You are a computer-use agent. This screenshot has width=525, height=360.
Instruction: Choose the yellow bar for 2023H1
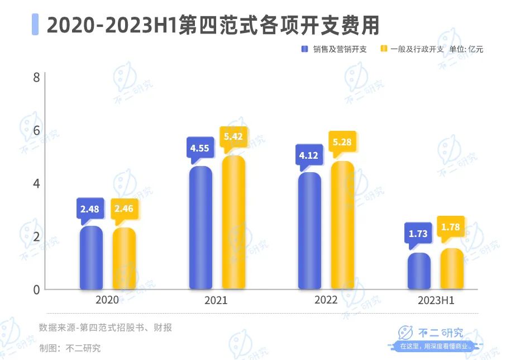(452, 269)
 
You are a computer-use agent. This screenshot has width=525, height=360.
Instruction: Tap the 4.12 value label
(308, 156)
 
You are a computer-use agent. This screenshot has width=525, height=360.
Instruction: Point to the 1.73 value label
(418, 234)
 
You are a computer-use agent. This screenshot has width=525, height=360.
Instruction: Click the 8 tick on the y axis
(36, 77)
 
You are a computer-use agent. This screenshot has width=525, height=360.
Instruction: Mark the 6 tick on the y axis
(36, 130)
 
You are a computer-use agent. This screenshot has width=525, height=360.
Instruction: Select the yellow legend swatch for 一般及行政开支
(383, 49)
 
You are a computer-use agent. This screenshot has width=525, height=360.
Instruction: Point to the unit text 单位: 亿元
(466, 49)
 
